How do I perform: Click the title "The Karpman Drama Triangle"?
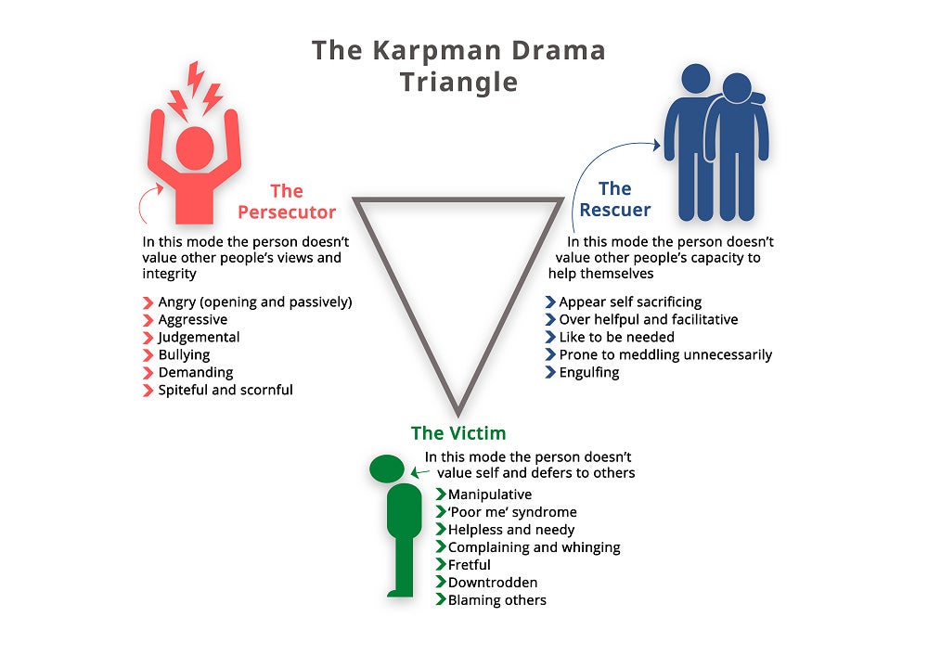point(458,65)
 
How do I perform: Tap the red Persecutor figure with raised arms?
point(194,158)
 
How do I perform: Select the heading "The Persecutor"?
point(287,201)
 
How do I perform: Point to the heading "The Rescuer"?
point(614,199)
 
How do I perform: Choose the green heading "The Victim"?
point(458,433)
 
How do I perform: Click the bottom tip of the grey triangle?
point(458,411)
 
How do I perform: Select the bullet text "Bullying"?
point(184,354)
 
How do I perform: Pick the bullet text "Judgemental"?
point(199,337)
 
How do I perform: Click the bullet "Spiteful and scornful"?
point(226,390)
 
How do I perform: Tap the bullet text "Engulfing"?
point(588,372)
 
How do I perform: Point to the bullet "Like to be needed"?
point(616,337)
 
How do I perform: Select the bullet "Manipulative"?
point(489,494)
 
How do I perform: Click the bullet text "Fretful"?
point(469,564)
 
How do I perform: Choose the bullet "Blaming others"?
point(496,600)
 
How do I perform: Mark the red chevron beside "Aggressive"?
point(148,320)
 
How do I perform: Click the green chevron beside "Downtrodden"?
point(441,583)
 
